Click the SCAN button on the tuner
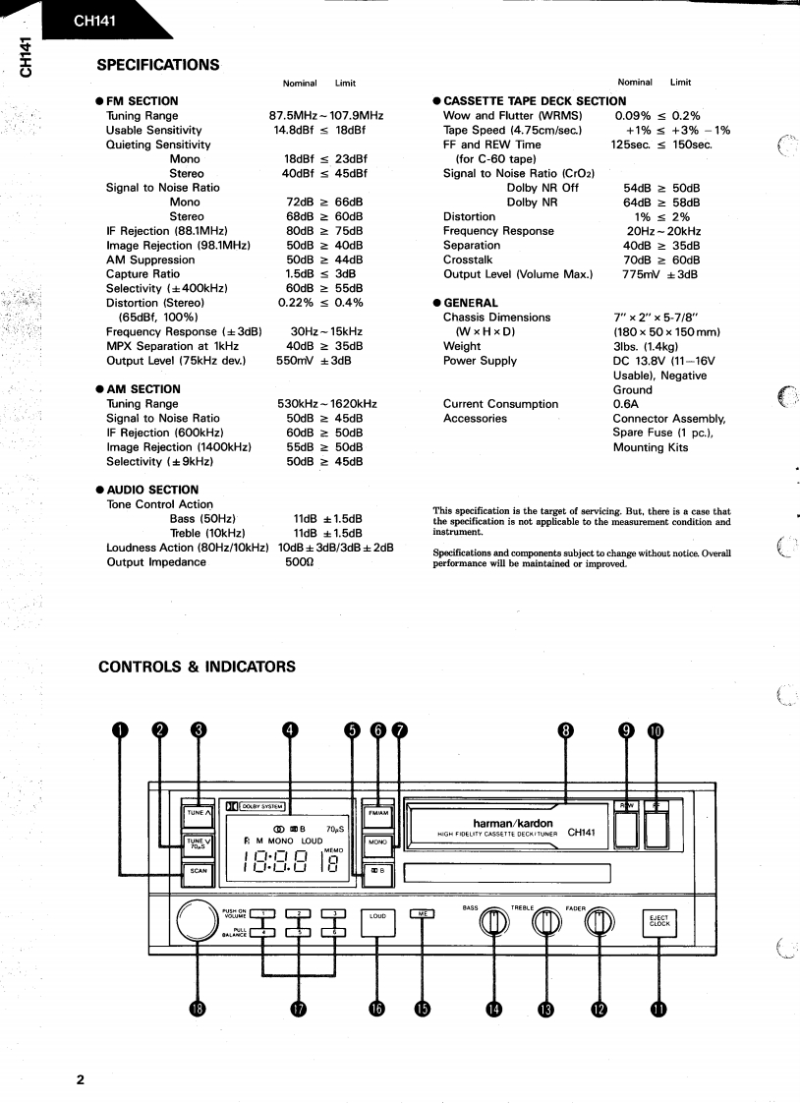pos(199,870)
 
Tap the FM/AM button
pos(378,813)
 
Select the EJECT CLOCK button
pos(658,921)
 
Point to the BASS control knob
pos(494,921)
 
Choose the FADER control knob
pos(600,921)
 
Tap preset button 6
pos(335,932)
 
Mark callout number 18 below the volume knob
pos(200,1010)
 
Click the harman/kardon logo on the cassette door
pos(513,823)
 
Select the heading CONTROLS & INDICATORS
pos(197,667)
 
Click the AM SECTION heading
pos(143,389)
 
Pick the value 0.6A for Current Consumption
pos(626,404)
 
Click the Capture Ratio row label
pos(143,274)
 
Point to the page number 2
pos(81,1080)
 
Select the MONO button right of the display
pos(378,842)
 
